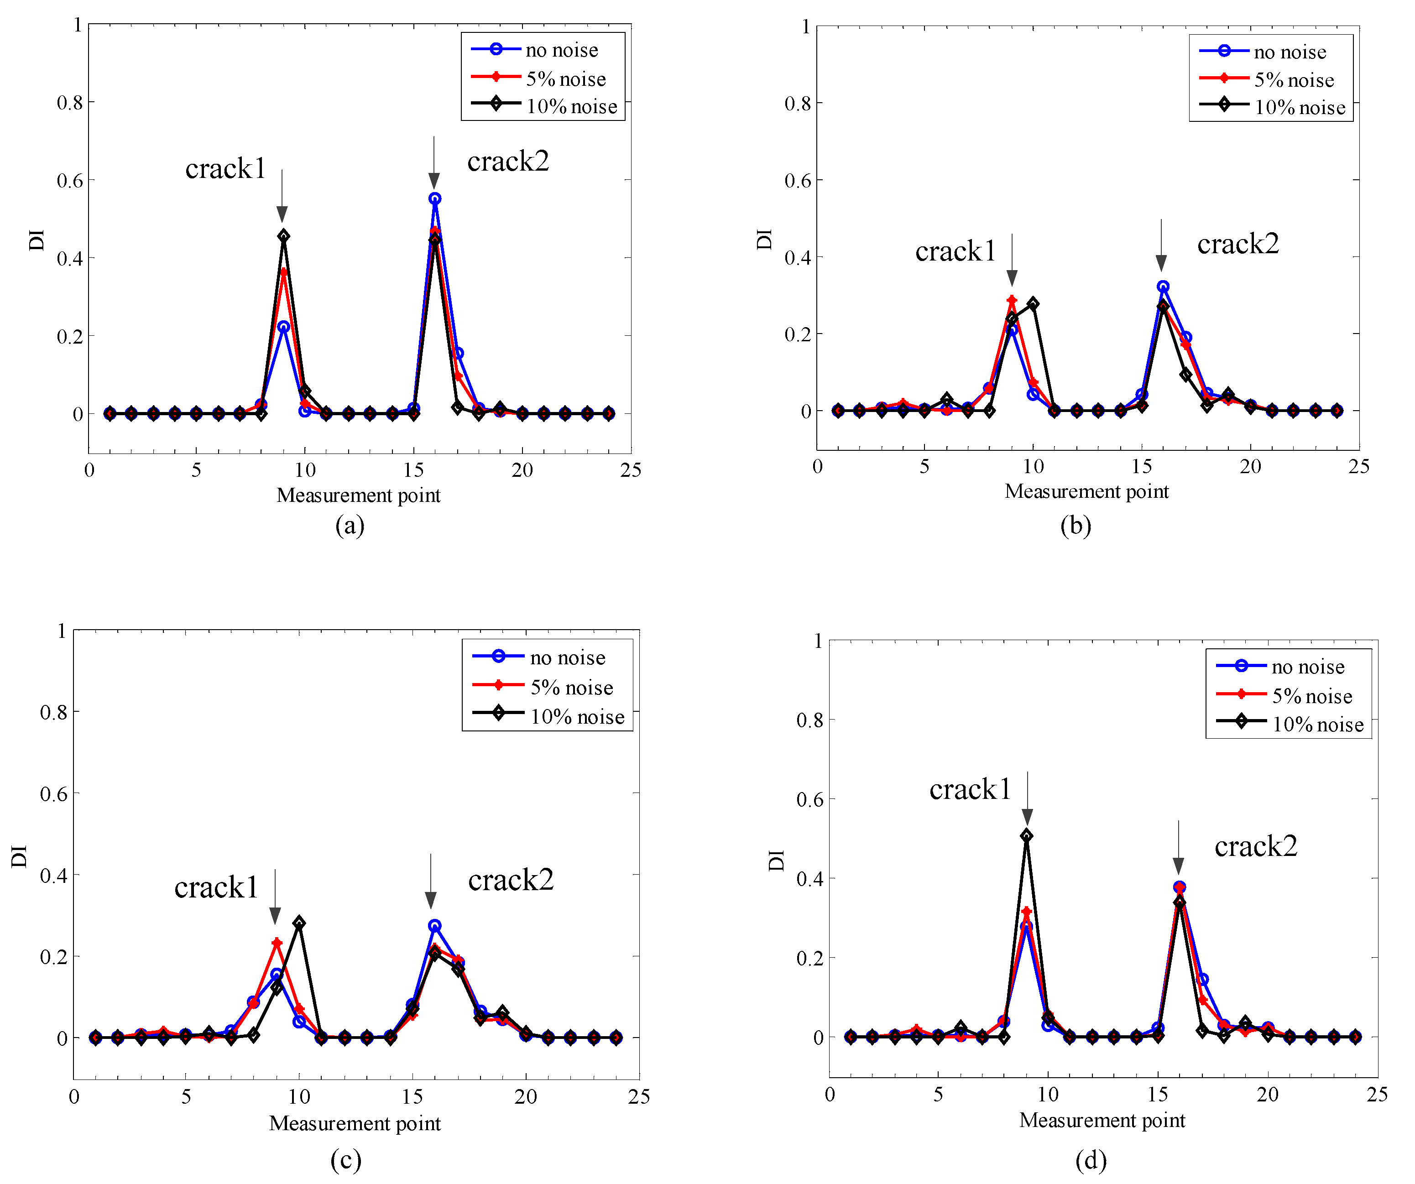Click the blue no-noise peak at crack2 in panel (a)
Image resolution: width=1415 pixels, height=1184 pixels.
[x=434, y=199]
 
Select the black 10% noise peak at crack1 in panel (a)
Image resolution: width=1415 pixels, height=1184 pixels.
[x=284, y=236]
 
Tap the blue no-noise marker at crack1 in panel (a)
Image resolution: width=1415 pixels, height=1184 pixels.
[x=284, y=327]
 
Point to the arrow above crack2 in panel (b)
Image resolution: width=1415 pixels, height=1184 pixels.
[x=1161, y=246]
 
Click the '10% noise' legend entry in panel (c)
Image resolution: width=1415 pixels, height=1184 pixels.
[x=577, y=717]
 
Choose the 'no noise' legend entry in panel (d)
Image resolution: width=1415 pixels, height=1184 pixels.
[x=1307, y=667]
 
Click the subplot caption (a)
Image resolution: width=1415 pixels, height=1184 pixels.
[x=350, y=525]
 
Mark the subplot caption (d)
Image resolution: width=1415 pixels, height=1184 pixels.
[x=1091, y=1160]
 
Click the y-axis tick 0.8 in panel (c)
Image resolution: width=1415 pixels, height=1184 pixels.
[x=54, y=712]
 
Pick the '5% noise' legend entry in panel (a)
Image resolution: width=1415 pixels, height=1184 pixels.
[x=565, y=79]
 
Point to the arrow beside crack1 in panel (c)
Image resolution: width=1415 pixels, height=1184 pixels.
[x=275, y=896]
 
